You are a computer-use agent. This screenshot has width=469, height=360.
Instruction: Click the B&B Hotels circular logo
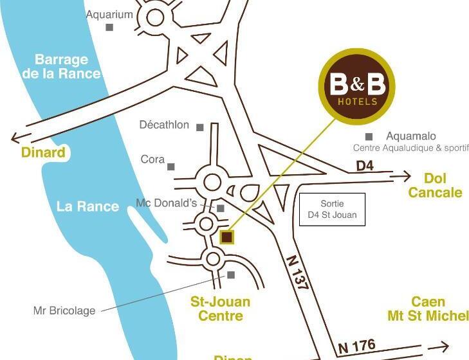[356, 86]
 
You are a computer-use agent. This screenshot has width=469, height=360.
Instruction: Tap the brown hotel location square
[226, 237]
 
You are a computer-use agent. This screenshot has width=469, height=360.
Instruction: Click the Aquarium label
[109, 14]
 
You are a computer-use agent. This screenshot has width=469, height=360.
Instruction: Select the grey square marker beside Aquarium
[109, 27]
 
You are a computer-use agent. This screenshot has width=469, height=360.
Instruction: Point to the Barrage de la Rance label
[62, 66]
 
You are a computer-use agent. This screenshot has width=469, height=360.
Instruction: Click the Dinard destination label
[44, 152]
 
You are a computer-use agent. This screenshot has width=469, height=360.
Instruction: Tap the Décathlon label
[164, 125]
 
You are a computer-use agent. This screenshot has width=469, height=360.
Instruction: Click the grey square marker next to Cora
[171, 166]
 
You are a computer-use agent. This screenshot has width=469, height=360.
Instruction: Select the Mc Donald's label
[166, 203]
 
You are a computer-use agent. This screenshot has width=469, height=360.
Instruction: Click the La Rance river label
[87, 206]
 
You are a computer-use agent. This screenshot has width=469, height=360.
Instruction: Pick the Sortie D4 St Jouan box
[332, 210]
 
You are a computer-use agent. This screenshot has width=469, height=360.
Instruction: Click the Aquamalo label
[410, 136]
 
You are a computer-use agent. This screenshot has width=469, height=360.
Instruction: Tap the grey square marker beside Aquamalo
[369, 136]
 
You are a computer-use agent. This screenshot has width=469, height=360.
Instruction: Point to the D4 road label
[365, 165]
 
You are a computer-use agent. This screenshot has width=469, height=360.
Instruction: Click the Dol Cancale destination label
[435, 185]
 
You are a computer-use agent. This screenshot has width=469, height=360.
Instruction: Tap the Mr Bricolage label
[64, 310]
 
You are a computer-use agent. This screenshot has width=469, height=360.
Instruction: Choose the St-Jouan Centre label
[220, 309]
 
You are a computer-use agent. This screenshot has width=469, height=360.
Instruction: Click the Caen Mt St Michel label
[428, 309]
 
